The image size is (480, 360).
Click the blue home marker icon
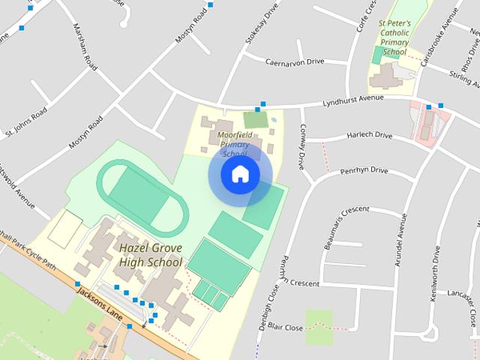point(240,174)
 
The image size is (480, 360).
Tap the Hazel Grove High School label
point(150,254)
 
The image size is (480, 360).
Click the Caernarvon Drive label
point(295,61)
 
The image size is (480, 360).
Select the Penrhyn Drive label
point(364,171)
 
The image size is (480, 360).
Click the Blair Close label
point(285,328)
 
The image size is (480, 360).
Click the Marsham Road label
point(84,46)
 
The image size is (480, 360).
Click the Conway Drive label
point(302,146)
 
